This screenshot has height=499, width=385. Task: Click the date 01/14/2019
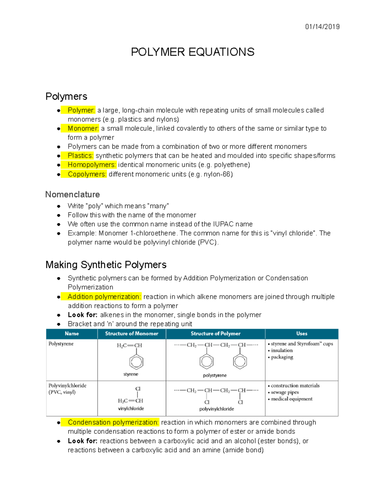click(322, 27)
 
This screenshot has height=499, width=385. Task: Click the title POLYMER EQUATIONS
click(193, 52)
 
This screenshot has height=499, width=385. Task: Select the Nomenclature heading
click(73, 194)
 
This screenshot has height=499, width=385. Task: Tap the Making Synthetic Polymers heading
click(106, 265)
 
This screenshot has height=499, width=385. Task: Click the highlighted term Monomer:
click(83, 129)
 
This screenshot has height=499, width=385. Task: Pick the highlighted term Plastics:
click(80, 156)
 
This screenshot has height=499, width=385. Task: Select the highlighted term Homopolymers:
click(91, 165)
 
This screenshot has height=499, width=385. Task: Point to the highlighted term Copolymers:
click(87, 174)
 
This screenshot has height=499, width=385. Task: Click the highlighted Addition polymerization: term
click(104, 297)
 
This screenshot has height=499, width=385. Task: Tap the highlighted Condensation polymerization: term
click(113, 422)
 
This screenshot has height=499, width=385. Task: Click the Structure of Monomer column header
click(132, 334)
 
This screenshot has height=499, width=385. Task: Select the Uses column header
click(302, 334)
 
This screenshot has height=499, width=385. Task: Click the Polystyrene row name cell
click(61, 344)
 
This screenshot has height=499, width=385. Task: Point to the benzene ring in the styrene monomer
click(136, 362)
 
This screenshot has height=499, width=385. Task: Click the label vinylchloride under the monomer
click(131, 408)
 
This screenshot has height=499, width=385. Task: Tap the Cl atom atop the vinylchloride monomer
click(138, 389)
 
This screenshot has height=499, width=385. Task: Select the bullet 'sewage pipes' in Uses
click(285, 392)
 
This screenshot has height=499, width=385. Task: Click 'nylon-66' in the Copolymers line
click(218, 174)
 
